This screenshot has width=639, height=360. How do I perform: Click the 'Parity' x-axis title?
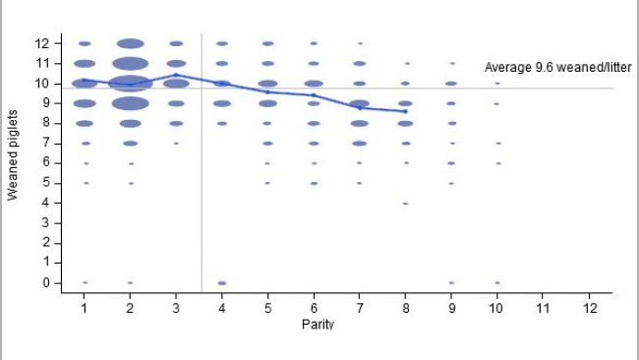[318, 324]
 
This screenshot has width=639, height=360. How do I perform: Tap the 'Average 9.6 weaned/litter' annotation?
[557, 68]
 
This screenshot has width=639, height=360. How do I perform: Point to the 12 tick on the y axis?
[41, 43]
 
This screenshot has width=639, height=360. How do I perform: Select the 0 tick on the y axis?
[41, 282]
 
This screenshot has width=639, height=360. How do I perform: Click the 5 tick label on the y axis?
[41, 183]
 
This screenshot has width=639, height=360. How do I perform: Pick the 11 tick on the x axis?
[543, 307]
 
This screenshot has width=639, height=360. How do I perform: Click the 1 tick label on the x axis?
[85, 307]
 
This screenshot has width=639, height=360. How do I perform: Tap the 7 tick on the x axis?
[360, 307]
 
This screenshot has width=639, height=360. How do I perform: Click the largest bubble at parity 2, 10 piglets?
[130, 84]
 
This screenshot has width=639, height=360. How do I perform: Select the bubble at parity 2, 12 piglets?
[130, 43]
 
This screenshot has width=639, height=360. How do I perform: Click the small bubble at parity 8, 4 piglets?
[405, 203]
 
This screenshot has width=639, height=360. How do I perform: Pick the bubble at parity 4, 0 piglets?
[222, 282]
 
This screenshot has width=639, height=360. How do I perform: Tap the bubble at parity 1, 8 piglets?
[85, 123]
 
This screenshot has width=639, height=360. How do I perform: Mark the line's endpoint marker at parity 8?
[405, 111]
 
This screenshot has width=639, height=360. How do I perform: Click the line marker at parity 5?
[267, 91]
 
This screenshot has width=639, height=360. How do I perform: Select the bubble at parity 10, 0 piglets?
[497, 282]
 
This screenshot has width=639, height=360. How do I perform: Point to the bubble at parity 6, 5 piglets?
[314, 183]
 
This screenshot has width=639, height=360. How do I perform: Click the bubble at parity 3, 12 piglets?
[176, 43]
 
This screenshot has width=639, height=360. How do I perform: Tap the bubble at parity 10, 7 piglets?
[497, 143]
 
